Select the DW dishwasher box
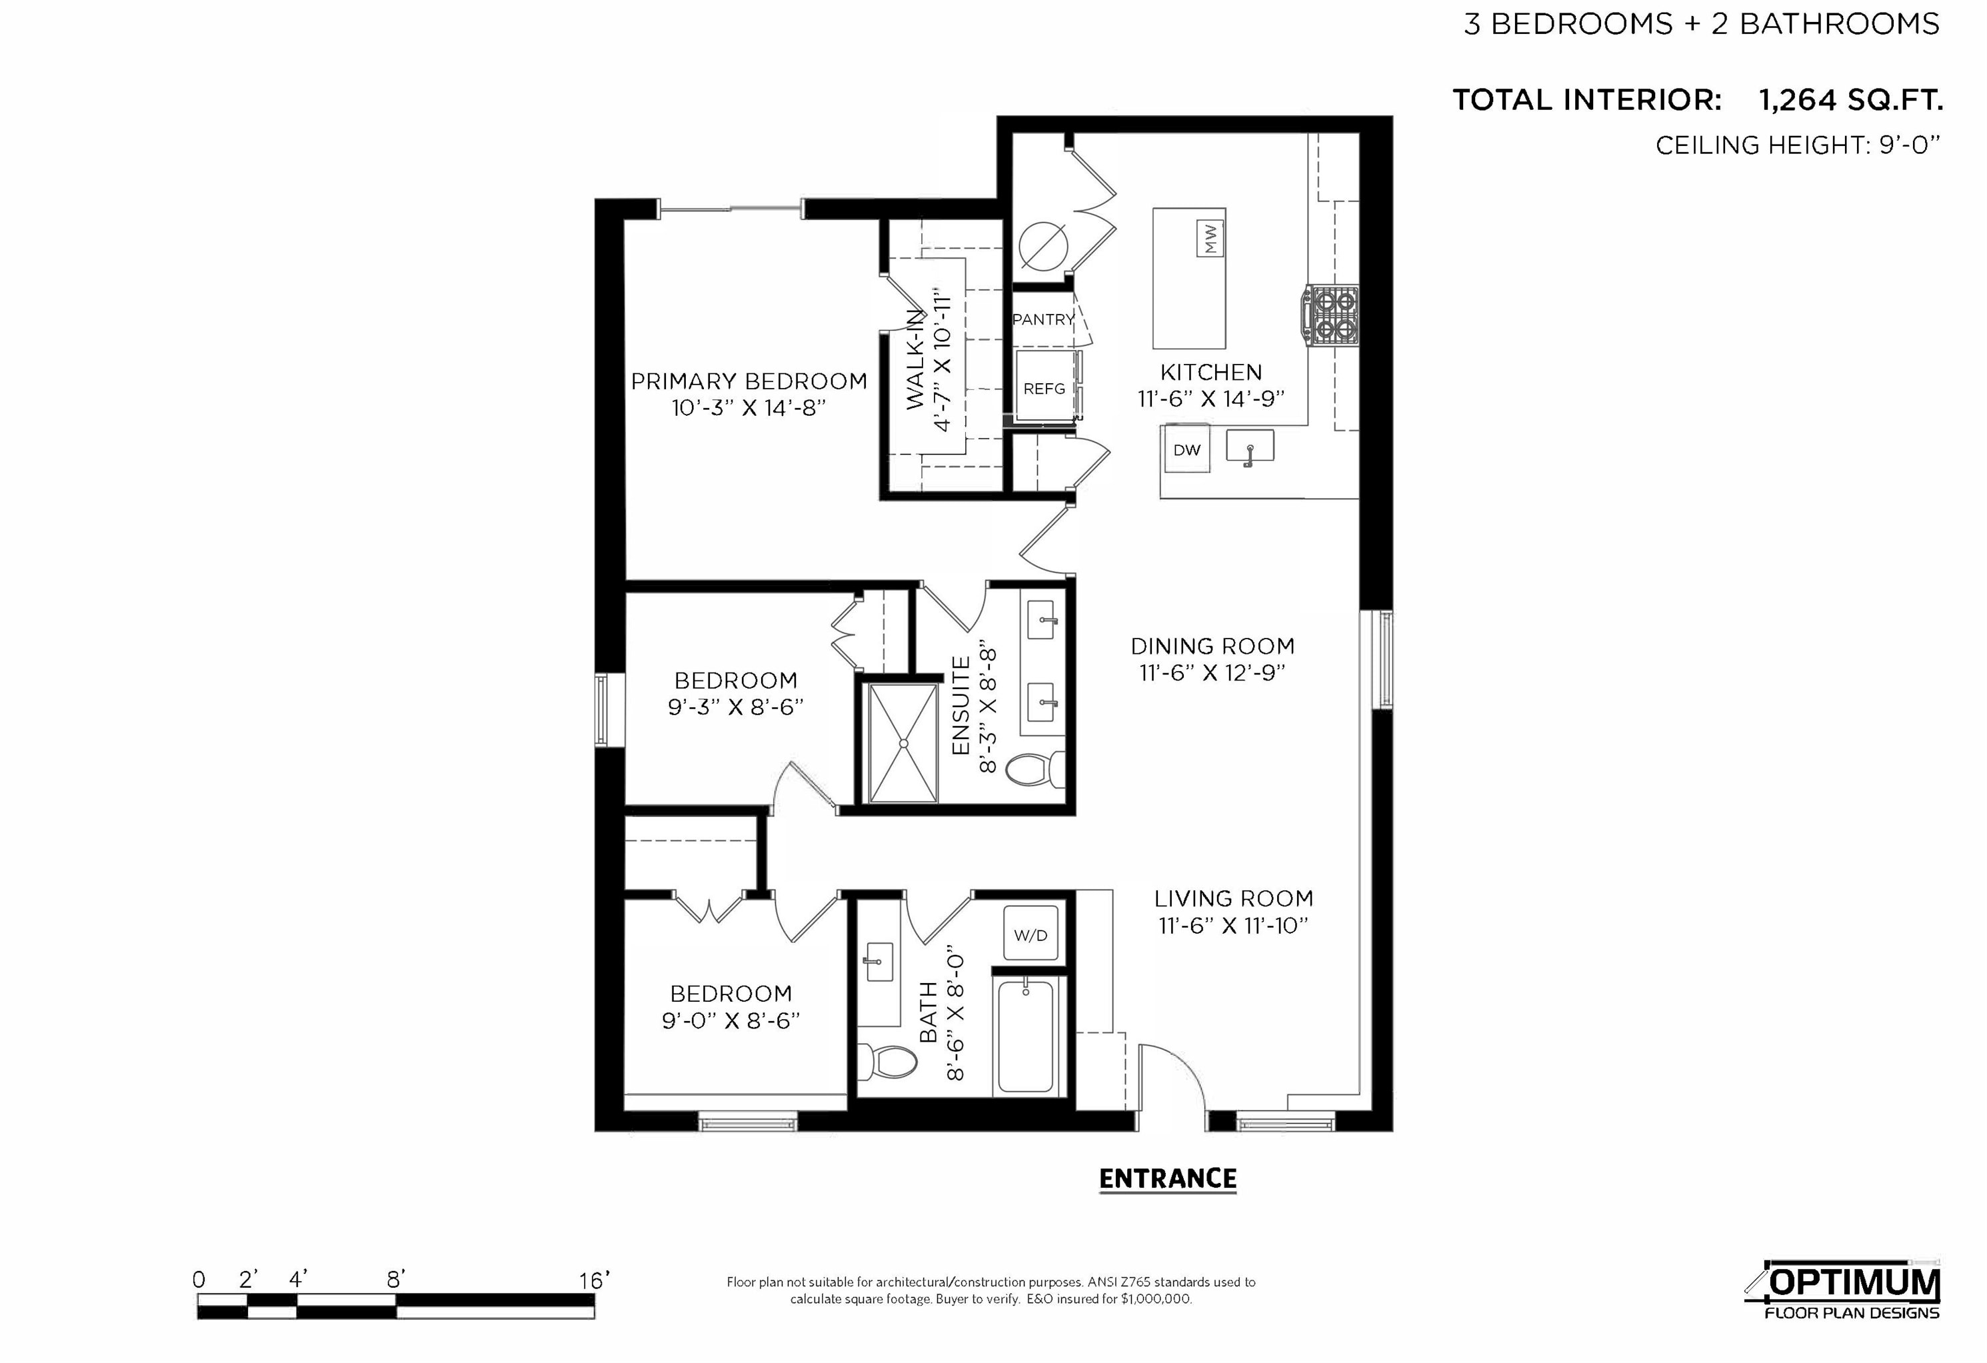tap(1186, 450)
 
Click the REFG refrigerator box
tap(1044, 388)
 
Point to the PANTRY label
tap(1042, 319)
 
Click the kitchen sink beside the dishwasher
tap(1249, 447)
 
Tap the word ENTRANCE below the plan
tap(1167, 1179)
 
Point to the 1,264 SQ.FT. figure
tap(1850, 100)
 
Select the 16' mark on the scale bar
tap(594, 1280)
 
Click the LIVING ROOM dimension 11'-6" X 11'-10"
tap(1233, 925)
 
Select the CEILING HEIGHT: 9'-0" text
tap(1797, 145)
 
